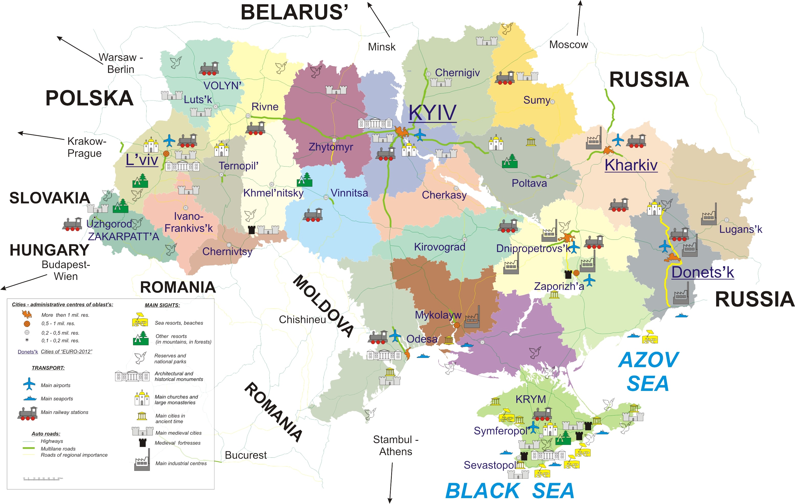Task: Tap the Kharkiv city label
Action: coord(631,165)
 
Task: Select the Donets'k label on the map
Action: coord(703,272)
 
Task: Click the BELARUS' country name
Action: coord(294,13)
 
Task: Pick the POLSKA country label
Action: coord(90,98)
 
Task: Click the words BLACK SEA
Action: coord(510,490)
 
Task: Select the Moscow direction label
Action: coord(568,45)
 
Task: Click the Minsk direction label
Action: coord(382,47)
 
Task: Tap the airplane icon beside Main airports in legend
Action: coord(29,384)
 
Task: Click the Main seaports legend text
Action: coord(57,399)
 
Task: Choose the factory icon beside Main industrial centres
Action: coord(142,461)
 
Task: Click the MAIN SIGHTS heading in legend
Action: coord(162,305)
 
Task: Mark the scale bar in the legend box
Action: coord(43,479)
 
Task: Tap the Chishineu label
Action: coord(302,320)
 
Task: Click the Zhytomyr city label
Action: coord(331,147)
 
